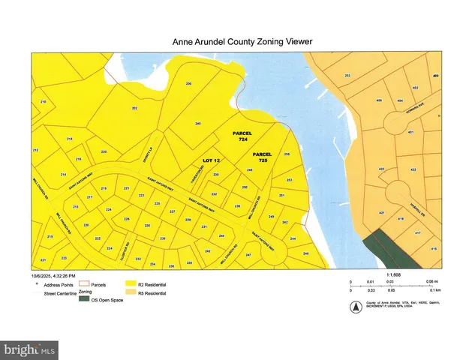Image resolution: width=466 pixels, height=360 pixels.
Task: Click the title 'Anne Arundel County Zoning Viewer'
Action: pos(233,44)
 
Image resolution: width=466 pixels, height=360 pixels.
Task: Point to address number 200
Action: pos(188,83)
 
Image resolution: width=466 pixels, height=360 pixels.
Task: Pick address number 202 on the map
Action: pos(134,109)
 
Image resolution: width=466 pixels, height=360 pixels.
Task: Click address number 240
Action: pos(197,123)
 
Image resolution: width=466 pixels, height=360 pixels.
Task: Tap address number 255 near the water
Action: pos(287,154)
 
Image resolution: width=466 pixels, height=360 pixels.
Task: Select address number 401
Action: pos(410,132)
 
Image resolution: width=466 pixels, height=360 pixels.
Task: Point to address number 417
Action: pos(417,233)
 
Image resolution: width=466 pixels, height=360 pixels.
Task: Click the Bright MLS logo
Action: pos(30,349)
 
